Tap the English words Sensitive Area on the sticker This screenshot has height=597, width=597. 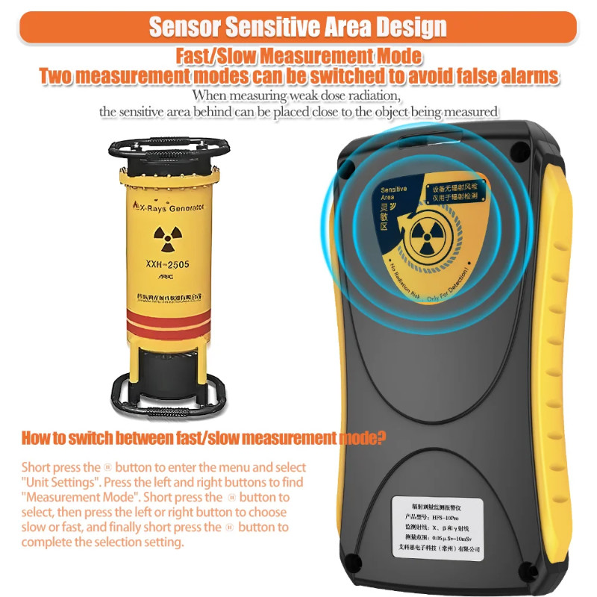coord(394,193)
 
